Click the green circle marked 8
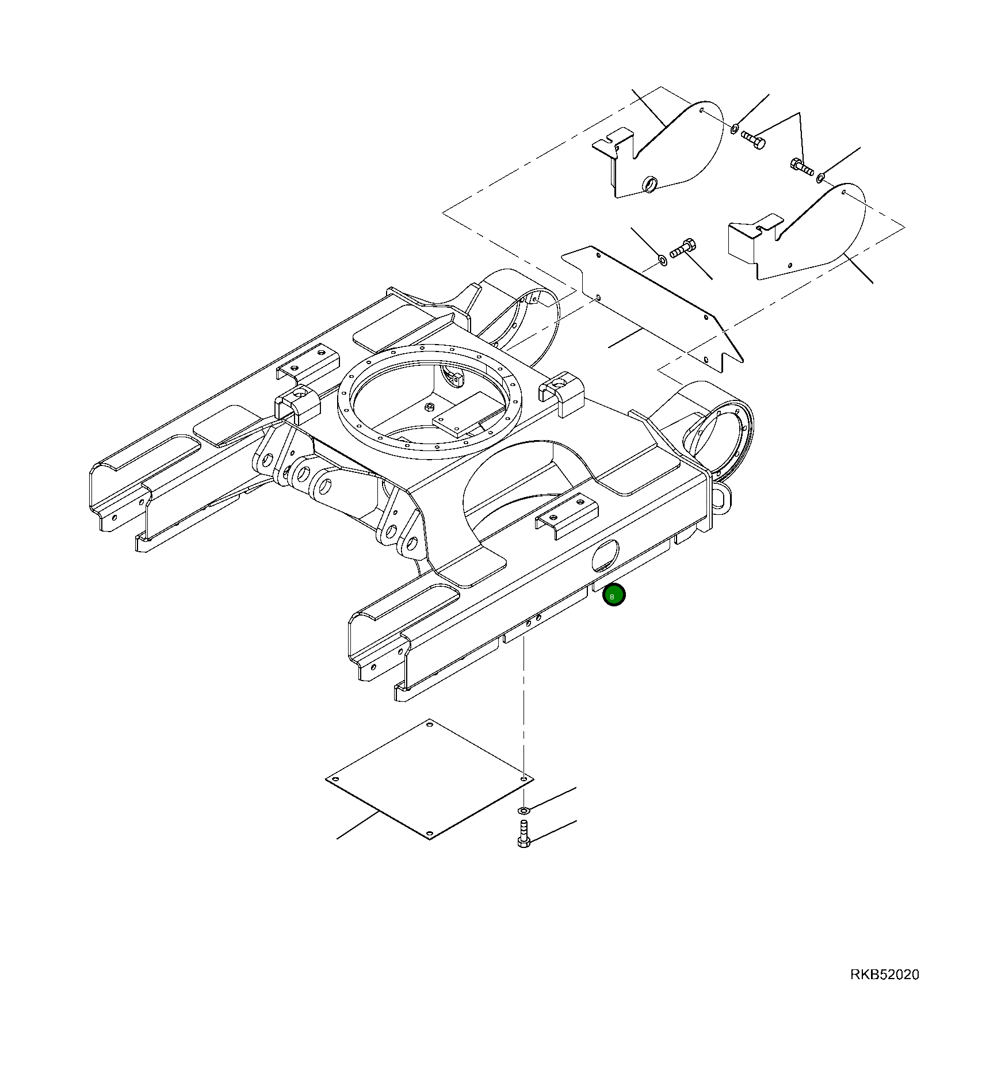coord(613,595)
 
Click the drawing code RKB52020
coord(884,975)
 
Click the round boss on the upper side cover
coord(649,185)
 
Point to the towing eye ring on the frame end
coord(722,498)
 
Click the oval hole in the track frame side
coord(605,555)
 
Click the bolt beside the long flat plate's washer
coord(684,249)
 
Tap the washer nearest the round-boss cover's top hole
coord(735,128)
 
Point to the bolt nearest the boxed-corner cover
coord(801,167)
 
